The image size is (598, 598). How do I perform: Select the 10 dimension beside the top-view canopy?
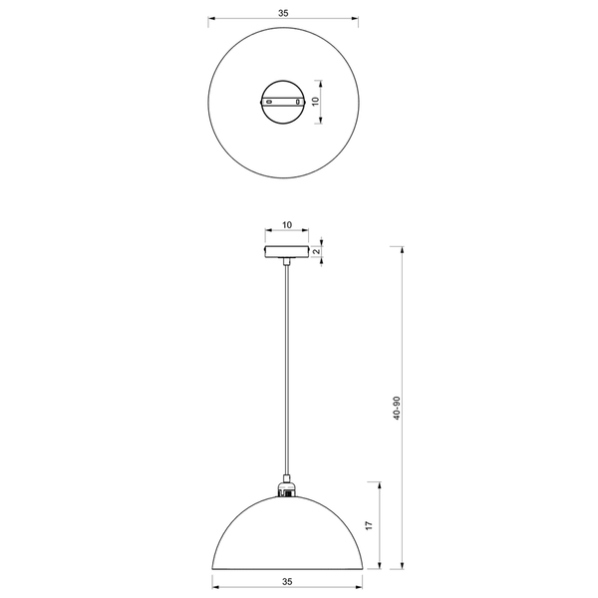click(315, 102)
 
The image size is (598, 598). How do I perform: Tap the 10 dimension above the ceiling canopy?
click(286, 227)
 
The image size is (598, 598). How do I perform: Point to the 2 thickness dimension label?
click(316, 251)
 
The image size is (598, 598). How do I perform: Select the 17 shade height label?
click(369, 525)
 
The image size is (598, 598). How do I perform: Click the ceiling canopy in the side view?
click(286, 251)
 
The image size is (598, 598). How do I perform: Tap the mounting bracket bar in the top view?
click(284, 101)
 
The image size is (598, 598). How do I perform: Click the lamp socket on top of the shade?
click(285, 488)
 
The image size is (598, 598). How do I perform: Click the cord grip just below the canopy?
click(285, 263)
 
